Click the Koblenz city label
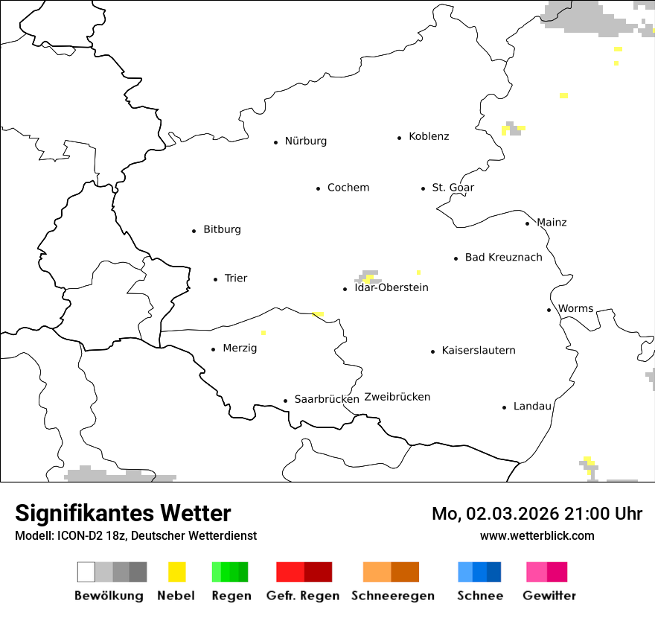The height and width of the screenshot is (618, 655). (x=429, y=137)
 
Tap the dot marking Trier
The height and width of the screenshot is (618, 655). (x=216, y=279)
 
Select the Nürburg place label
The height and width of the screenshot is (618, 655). (x=305, y=141)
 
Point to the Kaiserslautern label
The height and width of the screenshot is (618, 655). (x=478, y=351)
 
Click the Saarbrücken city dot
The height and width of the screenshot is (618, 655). (x=286, y=401)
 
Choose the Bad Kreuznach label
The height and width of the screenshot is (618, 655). (x=503, y=258)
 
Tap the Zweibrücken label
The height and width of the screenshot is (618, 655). (x=397, y=398)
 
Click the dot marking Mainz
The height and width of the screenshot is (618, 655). (x=528, y=223)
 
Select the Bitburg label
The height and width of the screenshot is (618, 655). (x=222, y=230)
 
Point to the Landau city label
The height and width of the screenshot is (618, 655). (x=532, y=407)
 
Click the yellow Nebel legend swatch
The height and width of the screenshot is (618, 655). (x=176, y=572)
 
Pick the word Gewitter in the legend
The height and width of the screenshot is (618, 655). (x=549, y=596)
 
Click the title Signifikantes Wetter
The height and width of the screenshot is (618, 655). (x=123, y=513)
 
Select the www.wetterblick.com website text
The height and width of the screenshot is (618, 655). (x=537, y=535)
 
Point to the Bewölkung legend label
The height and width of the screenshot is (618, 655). (x=109, y=596)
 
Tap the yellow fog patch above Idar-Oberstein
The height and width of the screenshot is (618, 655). (x=368, y=279)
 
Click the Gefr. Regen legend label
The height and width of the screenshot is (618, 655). (x=303, y=596)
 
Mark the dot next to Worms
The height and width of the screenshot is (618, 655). (x=549, y=310)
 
